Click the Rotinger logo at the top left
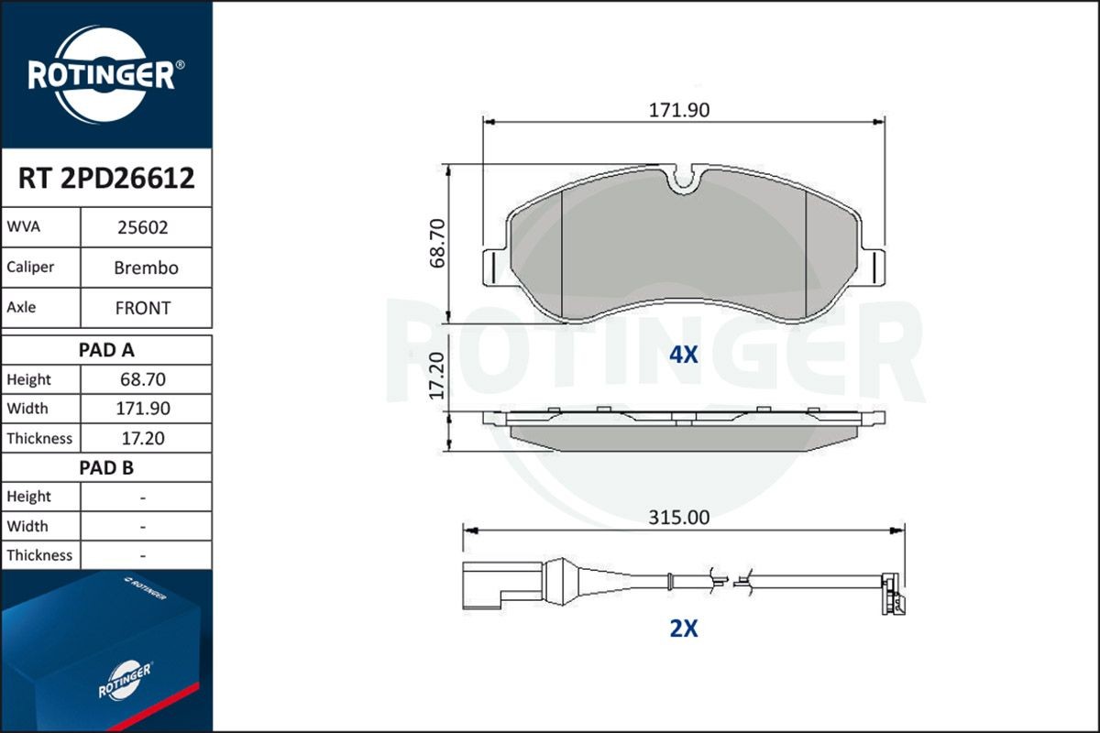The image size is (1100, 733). coord(105,75)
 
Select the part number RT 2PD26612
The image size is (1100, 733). coord(106,179)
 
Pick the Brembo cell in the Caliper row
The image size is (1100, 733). coord(146,268)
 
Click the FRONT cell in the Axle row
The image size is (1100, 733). coord(143,308)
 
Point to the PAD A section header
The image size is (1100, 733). coord(106,349)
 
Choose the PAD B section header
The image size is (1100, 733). coord(106,467)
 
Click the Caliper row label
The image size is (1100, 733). coord(30,268)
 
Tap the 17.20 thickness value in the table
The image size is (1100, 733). coord(143,438)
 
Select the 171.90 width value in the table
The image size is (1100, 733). coord(143,409)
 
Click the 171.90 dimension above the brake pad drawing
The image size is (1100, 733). coord(679,111)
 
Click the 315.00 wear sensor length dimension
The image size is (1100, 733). coord(679,518)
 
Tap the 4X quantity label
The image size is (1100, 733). coord(683,356)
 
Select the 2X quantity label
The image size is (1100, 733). coord(683,629)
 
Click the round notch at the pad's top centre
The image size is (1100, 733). coord(683,181)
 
